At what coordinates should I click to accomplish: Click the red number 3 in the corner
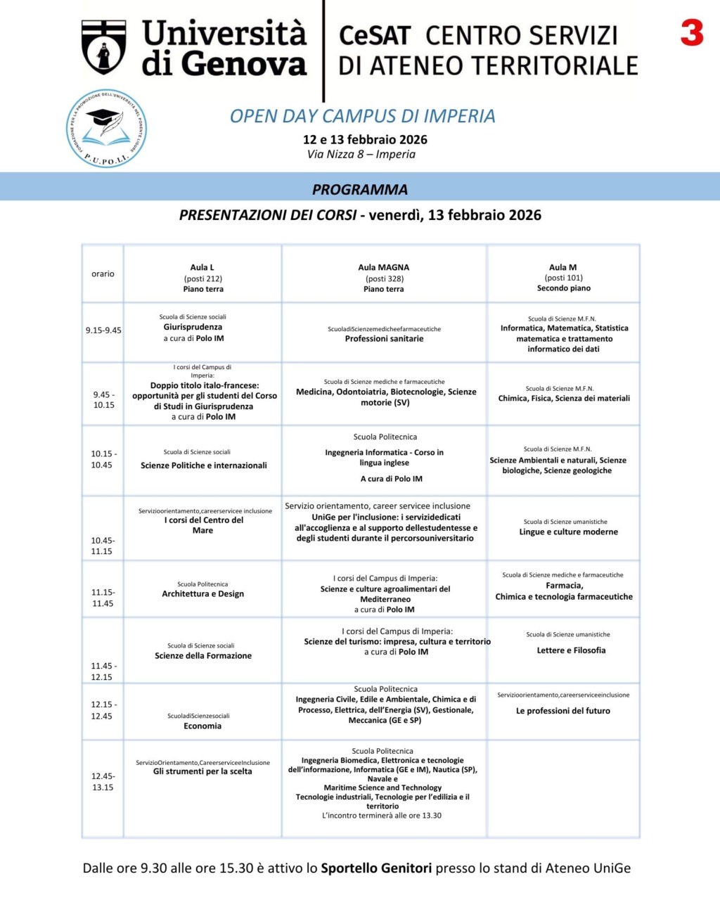692,33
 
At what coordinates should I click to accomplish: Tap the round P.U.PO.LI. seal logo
106,129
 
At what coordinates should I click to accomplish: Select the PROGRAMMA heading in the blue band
360,189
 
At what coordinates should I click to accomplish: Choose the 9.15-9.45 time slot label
103,330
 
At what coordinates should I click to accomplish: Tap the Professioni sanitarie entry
384,339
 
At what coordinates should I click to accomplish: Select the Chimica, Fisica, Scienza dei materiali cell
564,399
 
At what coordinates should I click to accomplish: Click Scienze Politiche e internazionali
204,465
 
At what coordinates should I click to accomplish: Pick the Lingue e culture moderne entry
569,532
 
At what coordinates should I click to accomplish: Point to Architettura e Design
203,594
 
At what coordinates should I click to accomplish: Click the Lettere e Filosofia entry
571,650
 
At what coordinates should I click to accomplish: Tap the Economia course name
202,726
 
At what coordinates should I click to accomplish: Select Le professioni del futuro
563,711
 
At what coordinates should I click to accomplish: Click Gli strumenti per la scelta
202,771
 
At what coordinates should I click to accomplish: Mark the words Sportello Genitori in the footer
376,868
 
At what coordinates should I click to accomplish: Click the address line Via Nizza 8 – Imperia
361,155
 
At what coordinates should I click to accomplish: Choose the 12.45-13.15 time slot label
103,782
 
